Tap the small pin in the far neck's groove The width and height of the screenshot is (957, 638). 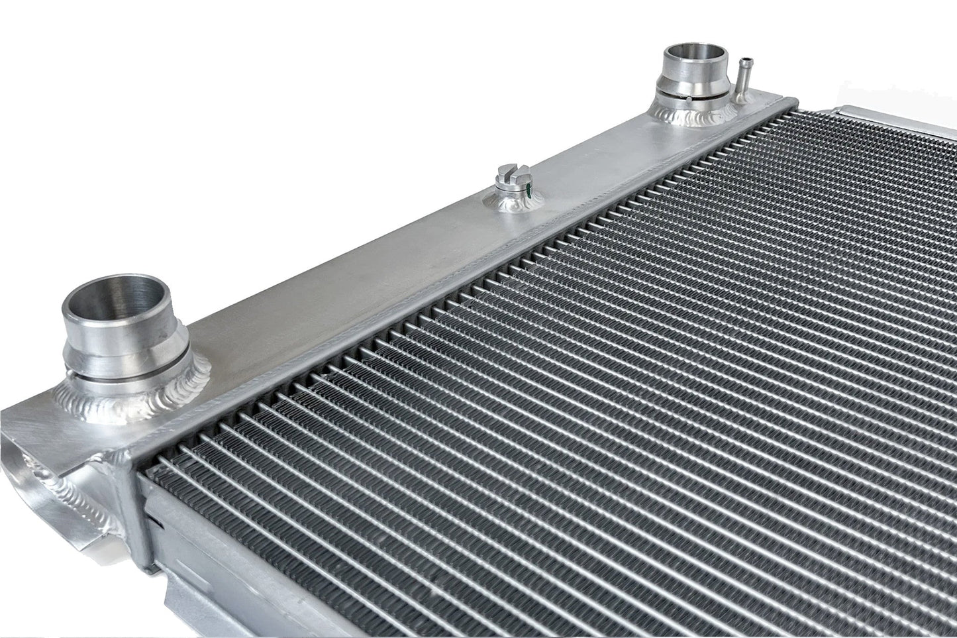pyautogui.click(x=689, y=99)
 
